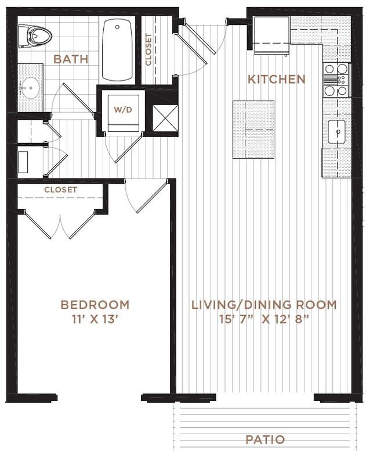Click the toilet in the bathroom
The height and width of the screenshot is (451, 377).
(x=35, y=37)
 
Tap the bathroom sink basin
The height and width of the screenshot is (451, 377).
(x=29, y=89)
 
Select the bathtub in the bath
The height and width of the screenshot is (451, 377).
(x=118, y=50)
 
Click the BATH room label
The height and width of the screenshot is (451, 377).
(x=71, y=59)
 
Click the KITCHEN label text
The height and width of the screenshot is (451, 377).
(x=276, y=79)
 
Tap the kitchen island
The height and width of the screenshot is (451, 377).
(x=253, y=129)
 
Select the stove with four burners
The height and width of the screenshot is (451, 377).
(x=336, y=80)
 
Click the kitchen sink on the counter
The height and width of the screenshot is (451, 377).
(x=336, y=131)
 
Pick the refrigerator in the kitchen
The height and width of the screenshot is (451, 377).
(x=271, y=34)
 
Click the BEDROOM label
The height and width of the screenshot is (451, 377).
(x=95, y=305)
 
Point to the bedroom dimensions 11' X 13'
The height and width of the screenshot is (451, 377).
(x=95, y=319)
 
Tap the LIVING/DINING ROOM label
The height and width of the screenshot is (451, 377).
(x=264, y=305)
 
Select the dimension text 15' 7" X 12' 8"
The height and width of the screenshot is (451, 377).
(x=264, y=319)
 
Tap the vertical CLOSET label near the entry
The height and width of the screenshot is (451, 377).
(x=149, y=50)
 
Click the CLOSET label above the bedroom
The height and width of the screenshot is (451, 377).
(x=60, y=190)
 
